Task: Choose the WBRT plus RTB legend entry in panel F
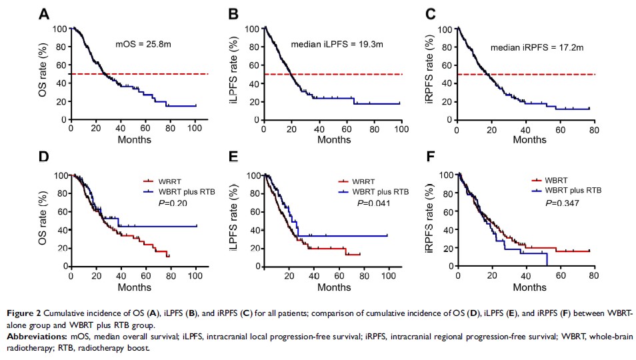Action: pos(568,190)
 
